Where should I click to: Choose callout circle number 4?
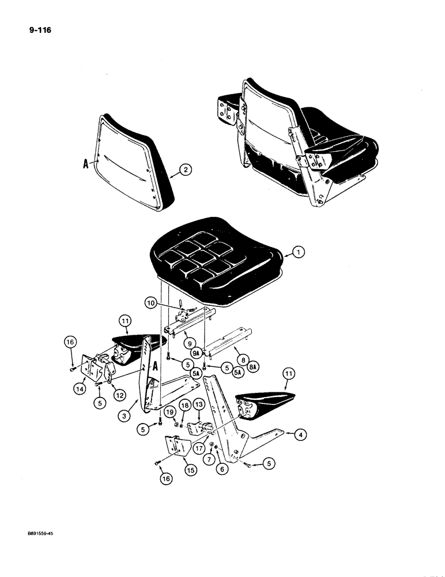298,436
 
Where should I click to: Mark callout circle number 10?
150,302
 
